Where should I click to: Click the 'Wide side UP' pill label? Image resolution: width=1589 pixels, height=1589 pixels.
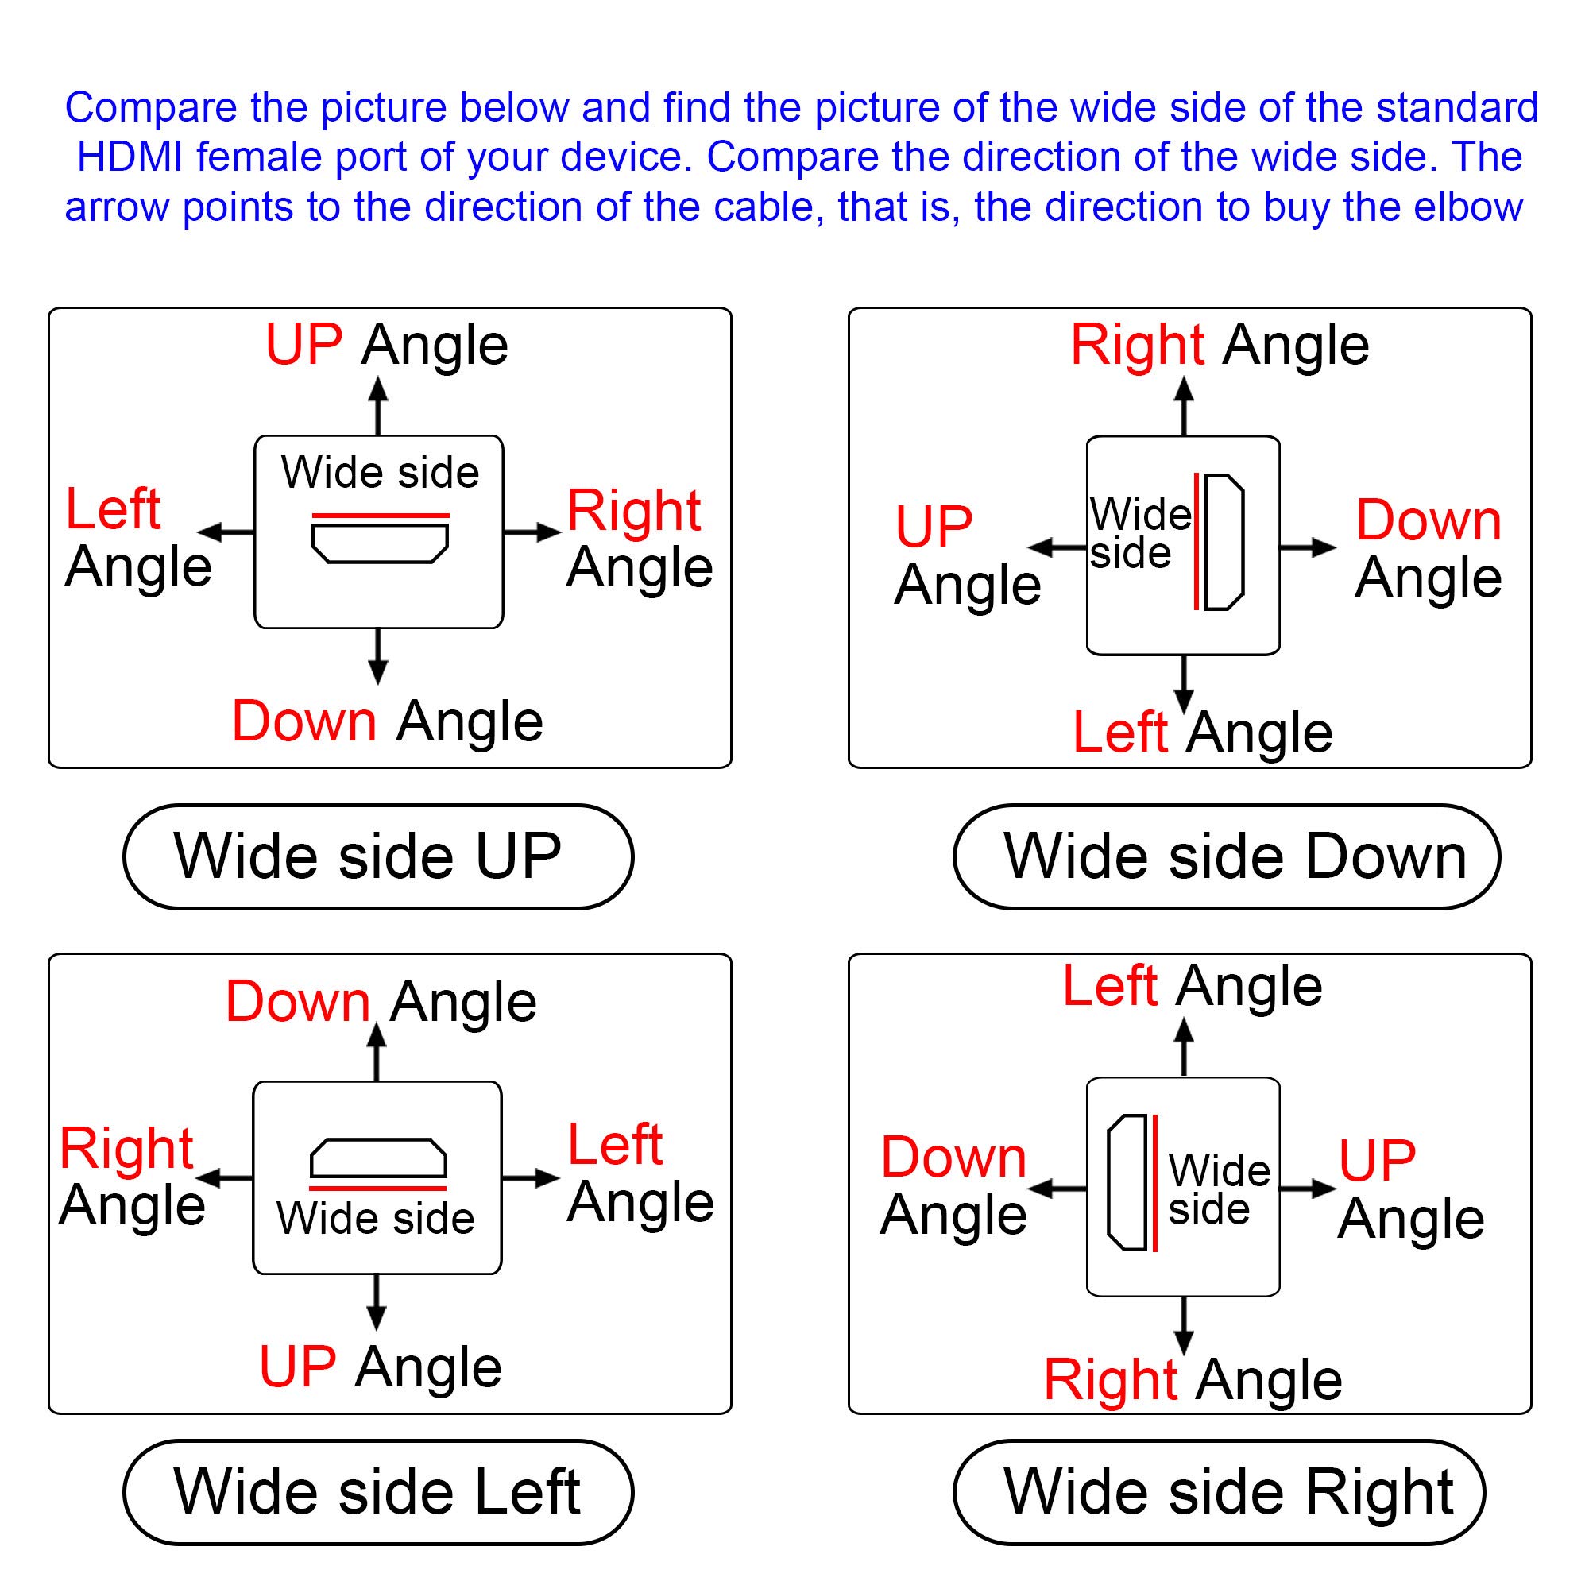coord(378,857)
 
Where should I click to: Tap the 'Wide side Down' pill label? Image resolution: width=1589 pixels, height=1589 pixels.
coord(1228,857)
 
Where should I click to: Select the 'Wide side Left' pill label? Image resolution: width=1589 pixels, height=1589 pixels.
coord(378,1492)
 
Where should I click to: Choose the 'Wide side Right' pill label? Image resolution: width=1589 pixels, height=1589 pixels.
coord(1220,1492)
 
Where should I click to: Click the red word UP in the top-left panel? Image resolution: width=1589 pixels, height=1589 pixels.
coord(303,345)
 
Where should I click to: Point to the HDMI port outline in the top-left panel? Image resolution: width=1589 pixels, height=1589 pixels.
coord(380,543)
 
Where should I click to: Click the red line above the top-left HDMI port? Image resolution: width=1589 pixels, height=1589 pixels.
coord(381,516)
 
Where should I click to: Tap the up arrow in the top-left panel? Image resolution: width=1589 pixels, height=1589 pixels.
coord(377,405)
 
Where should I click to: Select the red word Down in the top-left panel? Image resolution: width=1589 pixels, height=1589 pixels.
coord(304,721)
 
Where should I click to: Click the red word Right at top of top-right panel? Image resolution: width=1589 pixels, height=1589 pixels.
coord(1138,345)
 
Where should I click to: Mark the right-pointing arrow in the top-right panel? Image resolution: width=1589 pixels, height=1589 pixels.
coord(1308,547)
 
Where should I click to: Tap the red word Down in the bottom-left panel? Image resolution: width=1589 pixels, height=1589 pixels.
coord(298,1002)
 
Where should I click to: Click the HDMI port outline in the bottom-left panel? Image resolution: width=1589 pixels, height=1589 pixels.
coord(378,1158)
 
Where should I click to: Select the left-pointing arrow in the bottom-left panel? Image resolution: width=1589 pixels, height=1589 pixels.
coord(225,1178)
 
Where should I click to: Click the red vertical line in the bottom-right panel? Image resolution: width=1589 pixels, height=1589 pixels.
coord(1155,1183)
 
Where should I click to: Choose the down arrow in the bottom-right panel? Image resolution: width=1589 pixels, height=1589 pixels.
coord(1184,1327)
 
